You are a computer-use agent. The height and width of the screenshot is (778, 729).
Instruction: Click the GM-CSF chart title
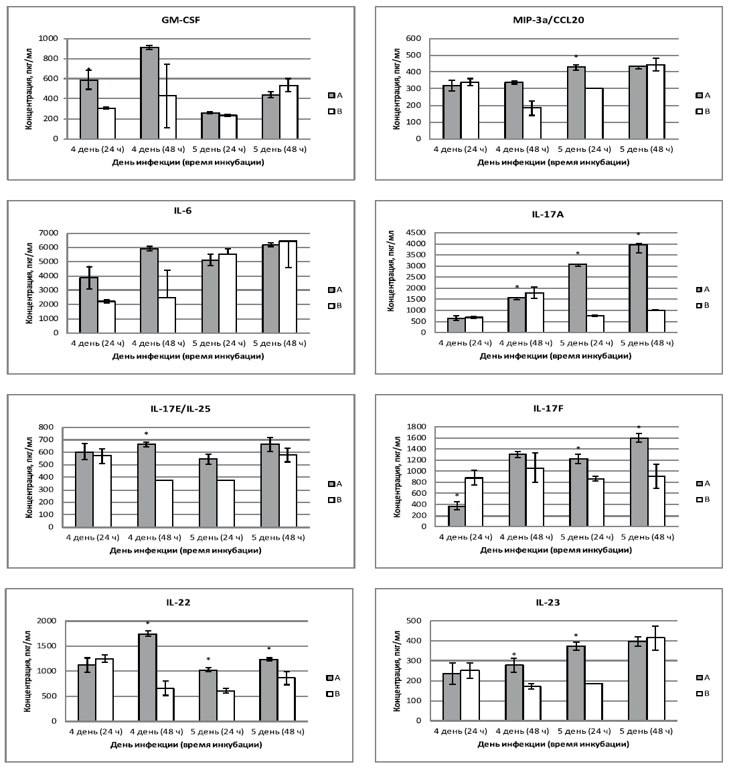click(182, 19)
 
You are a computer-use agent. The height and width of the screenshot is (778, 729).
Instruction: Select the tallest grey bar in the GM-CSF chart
click(149, 93)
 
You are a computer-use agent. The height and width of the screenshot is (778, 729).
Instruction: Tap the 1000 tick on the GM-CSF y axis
click(48, 39)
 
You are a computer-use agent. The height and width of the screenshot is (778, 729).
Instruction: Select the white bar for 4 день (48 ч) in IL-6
click(167, 315)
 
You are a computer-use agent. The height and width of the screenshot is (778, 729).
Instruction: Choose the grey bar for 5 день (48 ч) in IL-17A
click(638, 288)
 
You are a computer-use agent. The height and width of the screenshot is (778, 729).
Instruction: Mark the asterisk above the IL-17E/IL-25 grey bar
click(146, 434)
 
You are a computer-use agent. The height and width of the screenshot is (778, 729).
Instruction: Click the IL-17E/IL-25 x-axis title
click(185, 551)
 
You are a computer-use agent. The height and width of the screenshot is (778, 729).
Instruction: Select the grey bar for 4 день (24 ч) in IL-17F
click(457, 516)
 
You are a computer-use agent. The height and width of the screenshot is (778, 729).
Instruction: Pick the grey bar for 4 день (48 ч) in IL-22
click(147, 677)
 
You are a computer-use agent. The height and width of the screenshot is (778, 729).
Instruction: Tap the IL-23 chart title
click(548, 603)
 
